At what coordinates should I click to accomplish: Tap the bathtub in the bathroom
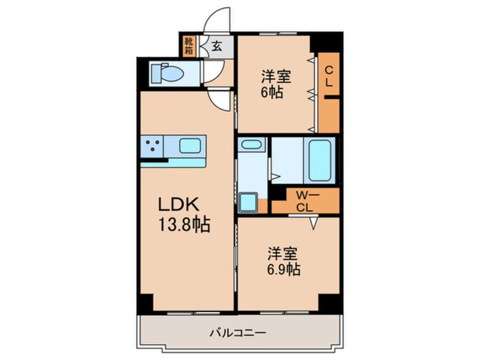[320, 160]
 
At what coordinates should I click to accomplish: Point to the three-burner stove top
[152, 146]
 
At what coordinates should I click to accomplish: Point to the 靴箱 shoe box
[188, 46]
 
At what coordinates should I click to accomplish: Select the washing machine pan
[249, 202]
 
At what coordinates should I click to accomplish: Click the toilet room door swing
[212, 72]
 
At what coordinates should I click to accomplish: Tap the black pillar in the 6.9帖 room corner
[329, 303]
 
